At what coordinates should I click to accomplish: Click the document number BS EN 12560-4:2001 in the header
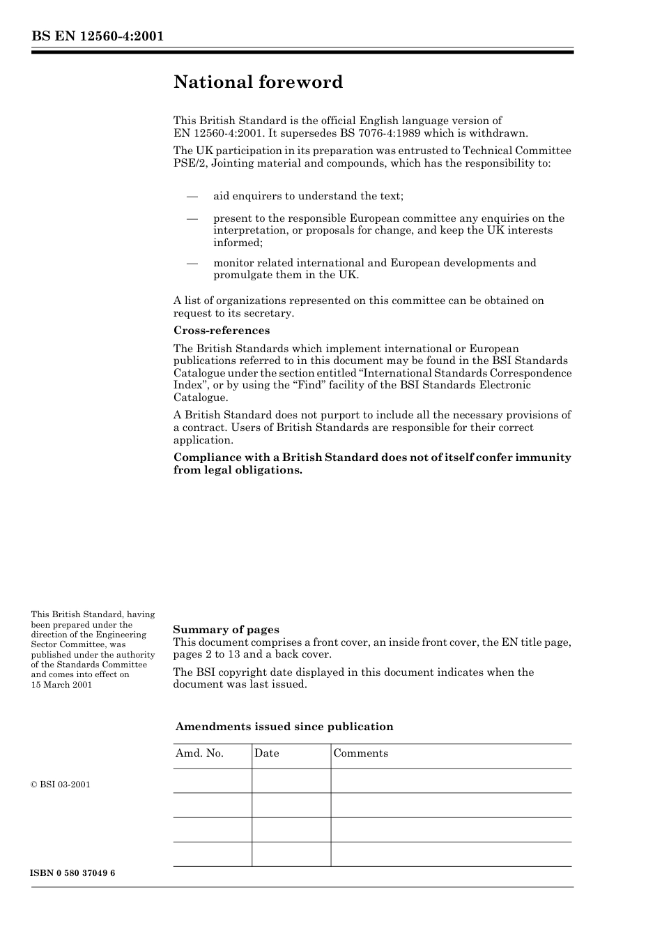point(98,36)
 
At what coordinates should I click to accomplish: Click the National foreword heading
point(258,82)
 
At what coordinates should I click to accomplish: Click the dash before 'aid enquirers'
point(193,196)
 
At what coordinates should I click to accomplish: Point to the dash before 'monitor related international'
point(193,263)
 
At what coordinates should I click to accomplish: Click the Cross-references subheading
point(221,331)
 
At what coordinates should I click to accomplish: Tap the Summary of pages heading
point(226,630)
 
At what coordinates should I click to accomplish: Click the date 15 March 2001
point(61,684)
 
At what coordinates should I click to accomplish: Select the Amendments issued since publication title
point(284,727)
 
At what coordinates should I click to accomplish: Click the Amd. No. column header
point(200,753)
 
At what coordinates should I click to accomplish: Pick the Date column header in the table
point(267,753)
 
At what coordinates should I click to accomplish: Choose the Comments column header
point(361,753)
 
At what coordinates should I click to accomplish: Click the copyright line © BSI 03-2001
point(61,785)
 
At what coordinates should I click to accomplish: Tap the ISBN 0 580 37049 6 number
point(73,873)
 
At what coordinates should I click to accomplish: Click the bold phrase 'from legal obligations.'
point(238,470)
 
